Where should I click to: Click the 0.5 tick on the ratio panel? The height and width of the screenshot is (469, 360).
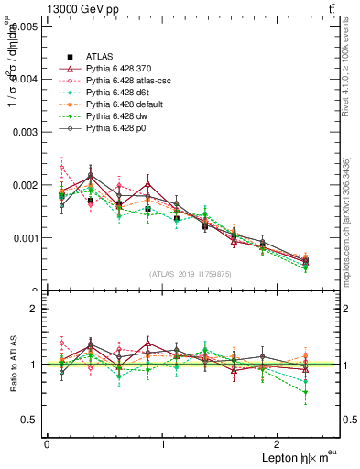32,420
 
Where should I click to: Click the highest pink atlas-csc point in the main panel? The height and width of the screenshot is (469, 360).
61,168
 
